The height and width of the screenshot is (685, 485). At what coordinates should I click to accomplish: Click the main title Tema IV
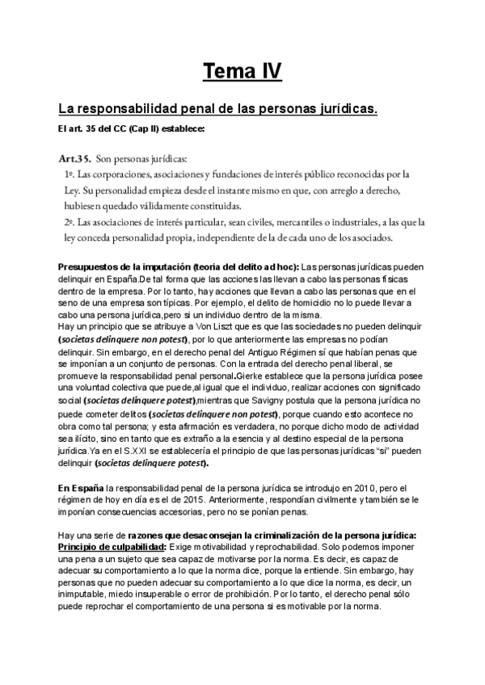[242, 73]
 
